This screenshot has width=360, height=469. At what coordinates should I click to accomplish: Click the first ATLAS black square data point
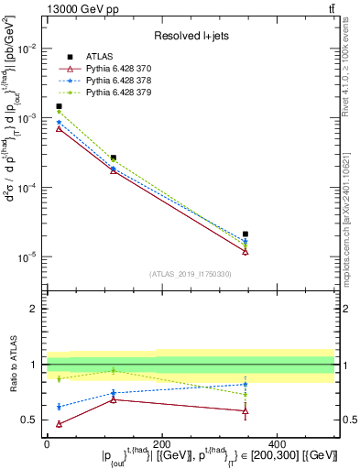tap(60, 106)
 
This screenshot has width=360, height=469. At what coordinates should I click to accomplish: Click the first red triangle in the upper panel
tap(60, 129)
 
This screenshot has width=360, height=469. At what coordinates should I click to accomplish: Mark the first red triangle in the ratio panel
tap(60, 424)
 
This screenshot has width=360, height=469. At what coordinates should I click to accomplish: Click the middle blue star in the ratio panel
tap(113, 393)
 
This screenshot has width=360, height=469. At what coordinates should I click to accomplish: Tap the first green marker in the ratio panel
tap(60, 378)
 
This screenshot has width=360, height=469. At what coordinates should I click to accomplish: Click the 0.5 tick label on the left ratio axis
tap(34, 420)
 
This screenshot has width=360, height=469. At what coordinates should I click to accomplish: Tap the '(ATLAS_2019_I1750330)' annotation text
tap(191, 274)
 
